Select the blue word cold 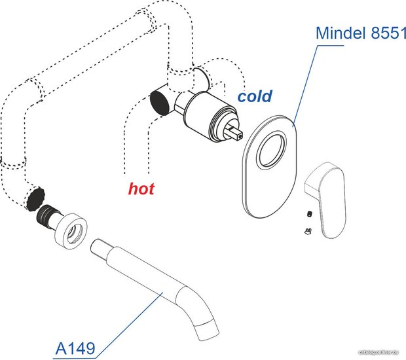pyautogui.click(x=255, y=97)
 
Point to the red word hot pyautogui.click(x=141, y=190)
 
